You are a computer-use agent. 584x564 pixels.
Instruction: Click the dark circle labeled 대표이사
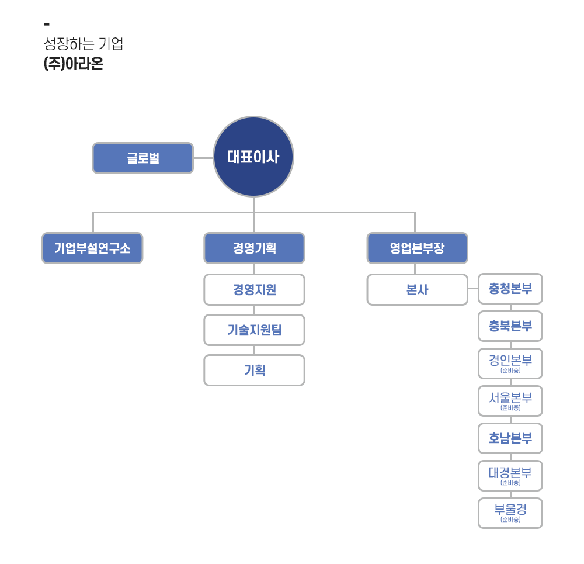click(253, 157)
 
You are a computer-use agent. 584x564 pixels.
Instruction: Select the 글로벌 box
click(143, 158)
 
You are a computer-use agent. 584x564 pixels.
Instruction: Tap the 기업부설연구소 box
click(92, 248)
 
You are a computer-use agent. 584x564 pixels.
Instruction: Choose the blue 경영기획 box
click(255, 248)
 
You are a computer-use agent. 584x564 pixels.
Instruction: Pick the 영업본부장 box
click(417, 248)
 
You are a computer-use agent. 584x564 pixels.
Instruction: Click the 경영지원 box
click(255, 290)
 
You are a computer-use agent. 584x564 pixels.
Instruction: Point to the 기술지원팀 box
click(255, 330)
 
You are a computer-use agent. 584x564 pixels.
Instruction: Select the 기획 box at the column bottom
click(255, 370)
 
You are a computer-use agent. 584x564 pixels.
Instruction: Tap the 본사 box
click(417, 290)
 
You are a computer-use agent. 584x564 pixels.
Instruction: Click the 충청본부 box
click(510, 289)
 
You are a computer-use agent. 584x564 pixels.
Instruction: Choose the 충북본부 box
click(510, 326)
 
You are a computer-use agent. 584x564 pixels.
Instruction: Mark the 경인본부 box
click(510, 364)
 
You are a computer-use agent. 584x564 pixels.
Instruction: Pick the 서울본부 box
click(510, 401)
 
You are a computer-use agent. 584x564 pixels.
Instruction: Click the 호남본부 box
click(510, 438)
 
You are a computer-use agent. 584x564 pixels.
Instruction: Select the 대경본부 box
click(510, 476)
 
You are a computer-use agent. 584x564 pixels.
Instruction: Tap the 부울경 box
click(510, 513)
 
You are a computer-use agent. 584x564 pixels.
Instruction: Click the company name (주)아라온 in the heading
click(74, 63)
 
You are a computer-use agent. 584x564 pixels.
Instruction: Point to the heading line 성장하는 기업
click(84, 44)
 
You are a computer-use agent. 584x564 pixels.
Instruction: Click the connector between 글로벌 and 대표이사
click(203, 158)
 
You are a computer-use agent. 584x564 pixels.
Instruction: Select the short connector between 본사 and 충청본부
click(473, 289)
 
